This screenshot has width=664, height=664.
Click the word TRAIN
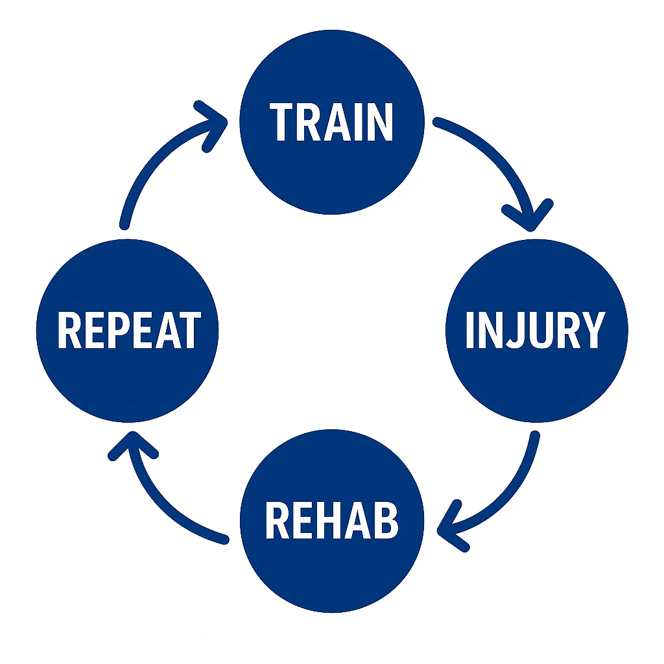click(x=331, y=121)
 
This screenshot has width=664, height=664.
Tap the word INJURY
click(x=535, y=330)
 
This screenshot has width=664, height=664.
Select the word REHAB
click(x=331, y=521)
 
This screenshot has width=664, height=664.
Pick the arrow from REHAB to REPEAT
click(x=162, y=499)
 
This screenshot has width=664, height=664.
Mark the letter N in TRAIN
click(x=379, y=121)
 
